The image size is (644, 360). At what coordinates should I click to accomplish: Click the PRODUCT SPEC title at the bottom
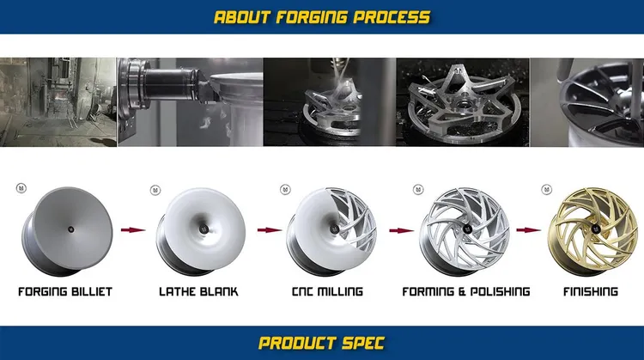point(322,344)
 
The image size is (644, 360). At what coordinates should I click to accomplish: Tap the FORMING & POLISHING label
point(465,292)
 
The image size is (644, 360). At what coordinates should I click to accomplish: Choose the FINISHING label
point(590,292)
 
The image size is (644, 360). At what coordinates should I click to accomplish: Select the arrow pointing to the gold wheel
point(528,229)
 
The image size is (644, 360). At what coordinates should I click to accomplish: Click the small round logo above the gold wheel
point(544,189)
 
